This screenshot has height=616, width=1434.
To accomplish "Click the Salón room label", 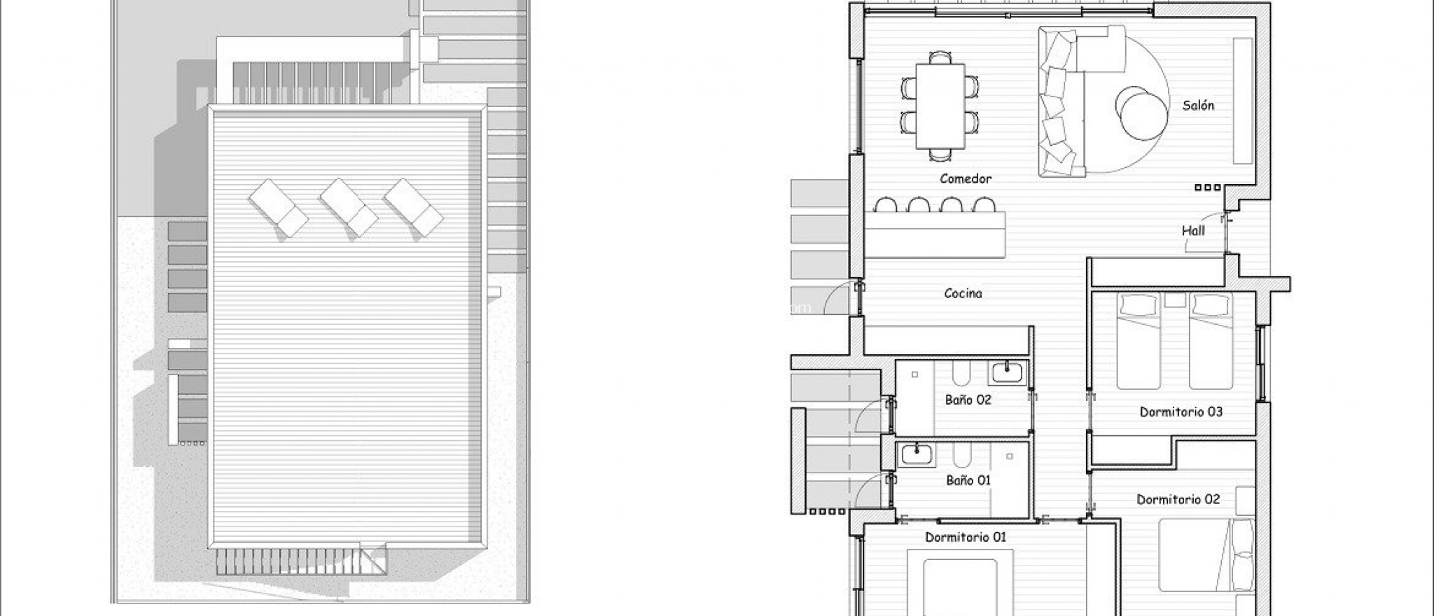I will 1198,106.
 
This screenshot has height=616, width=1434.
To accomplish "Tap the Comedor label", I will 966,178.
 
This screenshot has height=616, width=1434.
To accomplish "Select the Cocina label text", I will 963,293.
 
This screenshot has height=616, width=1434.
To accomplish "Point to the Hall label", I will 1193,230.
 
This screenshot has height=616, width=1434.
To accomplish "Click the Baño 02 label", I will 968,400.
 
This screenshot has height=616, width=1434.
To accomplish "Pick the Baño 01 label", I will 968,480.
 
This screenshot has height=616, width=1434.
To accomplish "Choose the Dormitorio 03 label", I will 1181,412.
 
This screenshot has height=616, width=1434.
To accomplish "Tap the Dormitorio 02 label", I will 1178,499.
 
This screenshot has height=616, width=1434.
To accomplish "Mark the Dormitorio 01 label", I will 966,537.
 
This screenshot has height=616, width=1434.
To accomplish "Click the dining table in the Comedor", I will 940,106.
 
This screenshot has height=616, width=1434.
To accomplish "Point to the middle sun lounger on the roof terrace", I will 349,207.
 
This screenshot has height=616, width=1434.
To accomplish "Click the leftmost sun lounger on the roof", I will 277,207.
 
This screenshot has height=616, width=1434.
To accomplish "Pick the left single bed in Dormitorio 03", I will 1139,343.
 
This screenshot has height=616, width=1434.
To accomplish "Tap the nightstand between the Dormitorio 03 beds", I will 1175,302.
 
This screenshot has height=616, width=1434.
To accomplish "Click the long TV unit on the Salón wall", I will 1242,101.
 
